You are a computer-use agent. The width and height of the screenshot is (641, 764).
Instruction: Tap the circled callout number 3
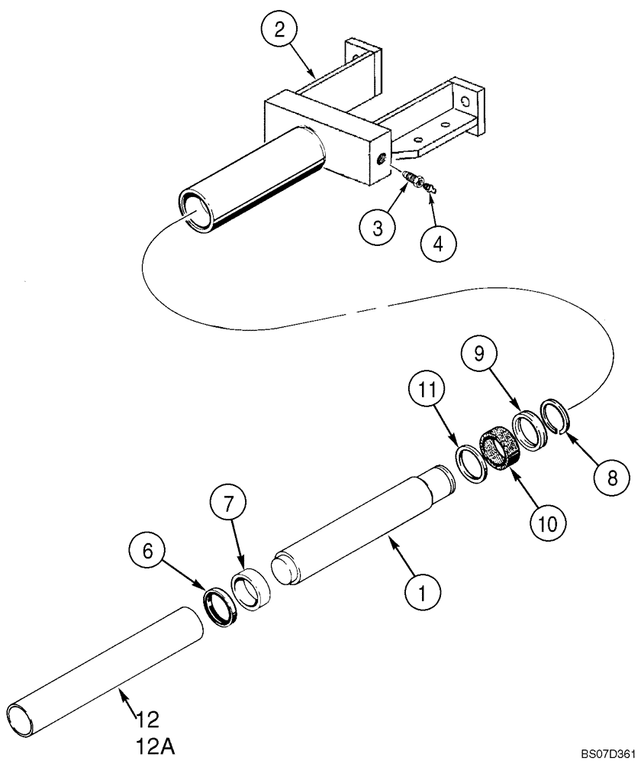(x=377, y=228)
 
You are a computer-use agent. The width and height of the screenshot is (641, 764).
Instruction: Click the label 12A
(x=156, y=742)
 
